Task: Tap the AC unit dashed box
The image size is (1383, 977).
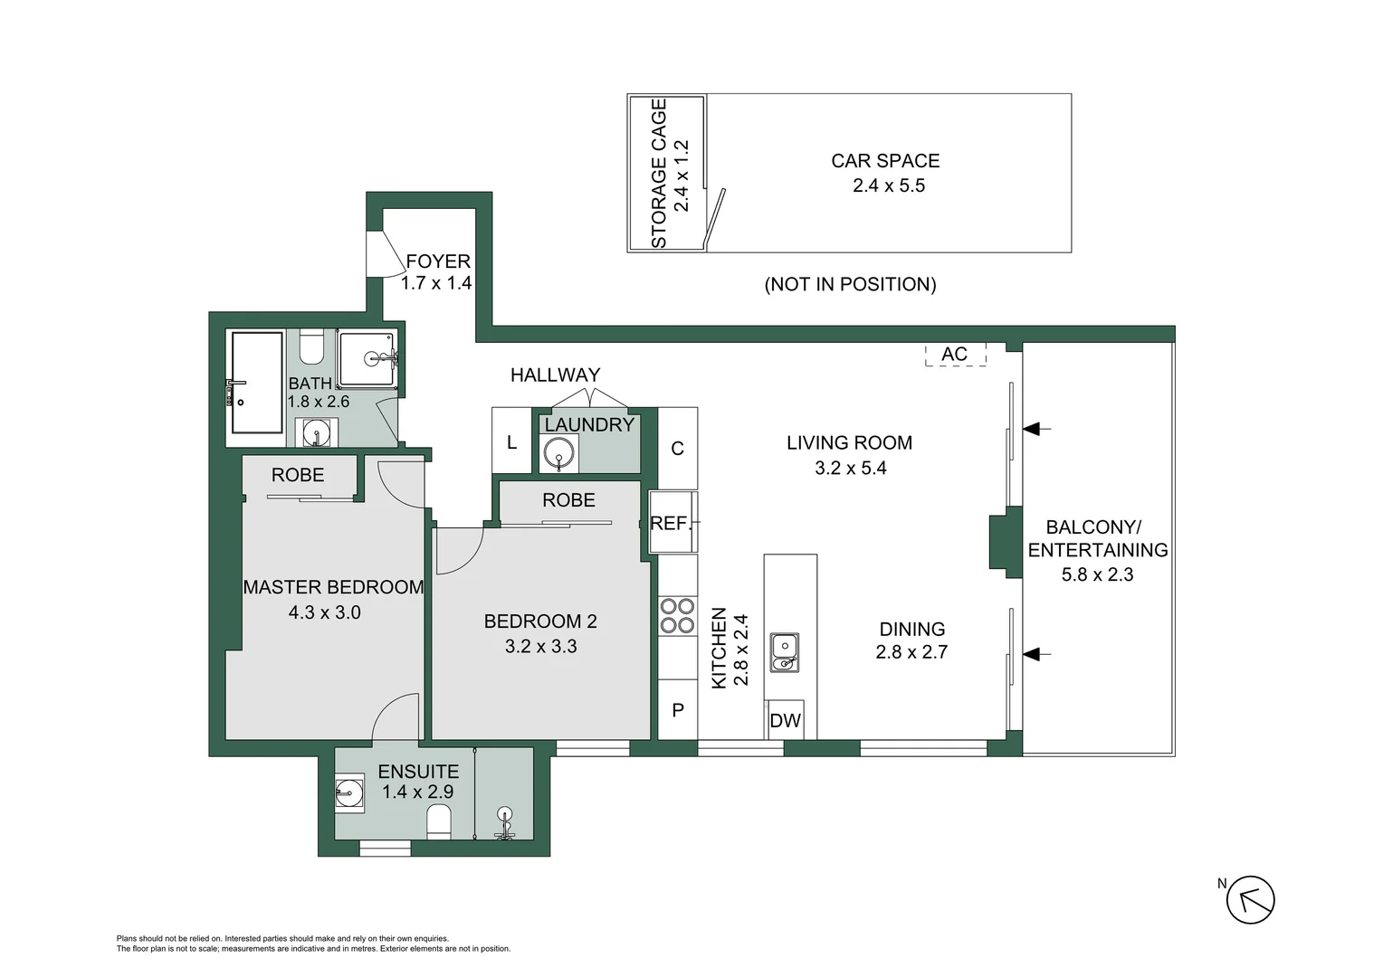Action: click(x=955, y=355)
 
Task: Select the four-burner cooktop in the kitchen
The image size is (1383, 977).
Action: click(x=677, y=615)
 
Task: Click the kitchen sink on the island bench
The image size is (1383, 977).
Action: click(x=784, y=652)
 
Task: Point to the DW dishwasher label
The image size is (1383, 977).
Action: click(x=785, y=721)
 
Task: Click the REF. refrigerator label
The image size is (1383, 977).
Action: click(x=671, y=523)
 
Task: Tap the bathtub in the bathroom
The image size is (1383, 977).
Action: click(x=257, y=383)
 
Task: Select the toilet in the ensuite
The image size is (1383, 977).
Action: click(x=439, y=822)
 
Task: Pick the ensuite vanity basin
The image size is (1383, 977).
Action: click(x=348, y=793)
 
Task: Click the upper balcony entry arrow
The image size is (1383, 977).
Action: click(x=1036, y=428)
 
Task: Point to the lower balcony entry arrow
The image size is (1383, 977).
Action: click(x=1036, y=654)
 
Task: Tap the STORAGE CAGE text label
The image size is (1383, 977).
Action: click(x=659, y=174)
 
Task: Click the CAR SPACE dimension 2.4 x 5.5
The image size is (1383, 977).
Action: click(x=888, y=185)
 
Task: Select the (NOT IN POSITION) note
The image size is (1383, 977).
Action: click(x=850, y=284)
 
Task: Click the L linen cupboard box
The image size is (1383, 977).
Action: click(x=511, y=441)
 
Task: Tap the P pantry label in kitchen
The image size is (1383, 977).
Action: click(x=677, y=710)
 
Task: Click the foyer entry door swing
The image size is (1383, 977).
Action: click(x=382, y=256)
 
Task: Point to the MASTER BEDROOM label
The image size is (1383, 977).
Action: click(x=333, y=587)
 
